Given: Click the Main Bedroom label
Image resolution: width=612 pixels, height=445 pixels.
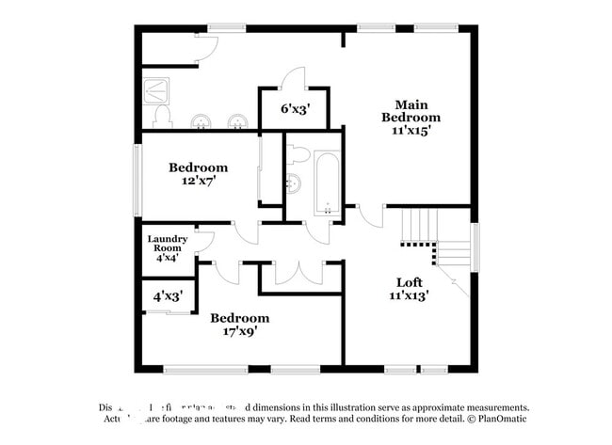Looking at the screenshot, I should tap(411, 110).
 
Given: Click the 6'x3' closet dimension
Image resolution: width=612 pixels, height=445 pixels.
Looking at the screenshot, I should tap(294, 108).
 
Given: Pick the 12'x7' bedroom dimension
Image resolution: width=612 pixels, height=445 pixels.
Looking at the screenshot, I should tap(198, 182).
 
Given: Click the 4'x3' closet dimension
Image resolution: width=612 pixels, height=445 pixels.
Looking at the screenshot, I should tap(167, 295).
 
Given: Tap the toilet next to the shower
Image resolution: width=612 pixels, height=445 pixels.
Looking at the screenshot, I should tap(162, 116).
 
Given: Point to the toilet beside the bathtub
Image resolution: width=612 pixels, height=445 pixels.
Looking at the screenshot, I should tap(298, 154).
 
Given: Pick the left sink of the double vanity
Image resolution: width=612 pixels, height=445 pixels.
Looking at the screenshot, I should tap(201, 120).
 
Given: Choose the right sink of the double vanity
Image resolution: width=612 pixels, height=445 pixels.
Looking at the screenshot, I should tap(239, 120).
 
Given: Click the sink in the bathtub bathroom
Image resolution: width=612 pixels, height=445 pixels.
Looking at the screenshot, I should tap(294, 183).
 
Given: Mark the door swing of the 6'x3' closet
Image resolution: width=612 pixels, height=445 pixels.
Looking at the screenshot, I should tap(293, 78).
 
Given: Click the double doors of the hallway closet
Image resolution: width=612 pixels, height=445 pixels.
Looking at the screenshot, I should tap(299, 272).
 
